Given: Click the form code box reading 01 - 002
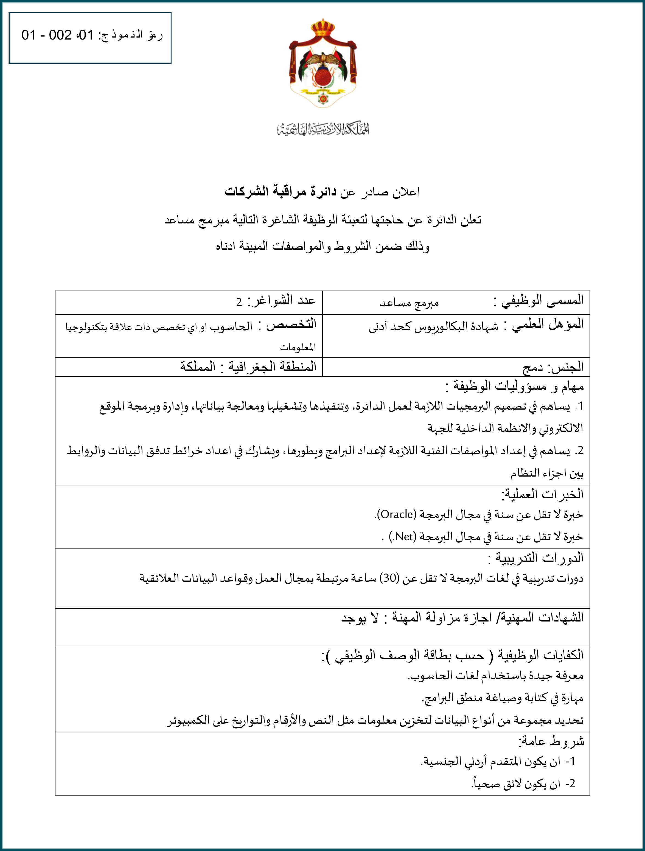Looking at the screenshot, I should (90, 38).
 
